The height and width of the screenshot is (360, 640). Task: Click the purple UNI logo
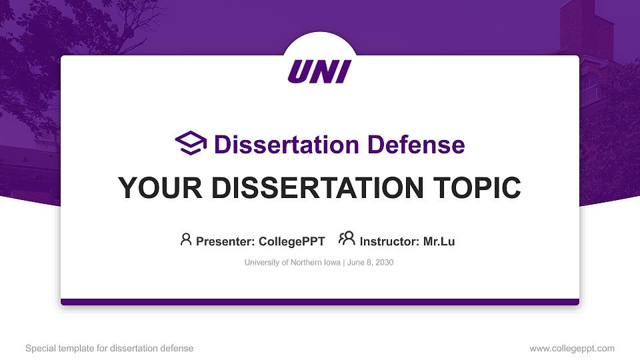pos(319,71)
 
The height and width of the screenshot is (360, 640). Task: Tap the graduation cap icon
pos(191,143)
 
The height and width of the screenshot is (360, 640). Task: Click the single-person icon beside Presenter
pos(186,239)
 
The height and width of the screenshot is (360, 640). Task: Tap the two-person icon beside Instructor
pos(346,239)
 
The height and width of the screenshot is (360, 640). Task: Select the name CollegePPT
pos(293,241)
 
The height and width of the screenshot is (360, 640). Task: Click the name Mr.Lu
pos(439,241)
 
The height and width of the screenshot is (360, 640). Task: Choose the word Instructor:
pos(389,241)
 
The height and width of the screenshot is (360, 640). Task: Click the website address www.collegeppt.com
pos(572,348)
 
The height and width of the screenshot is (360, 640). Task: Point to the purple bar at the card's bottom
pos(320,302)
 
